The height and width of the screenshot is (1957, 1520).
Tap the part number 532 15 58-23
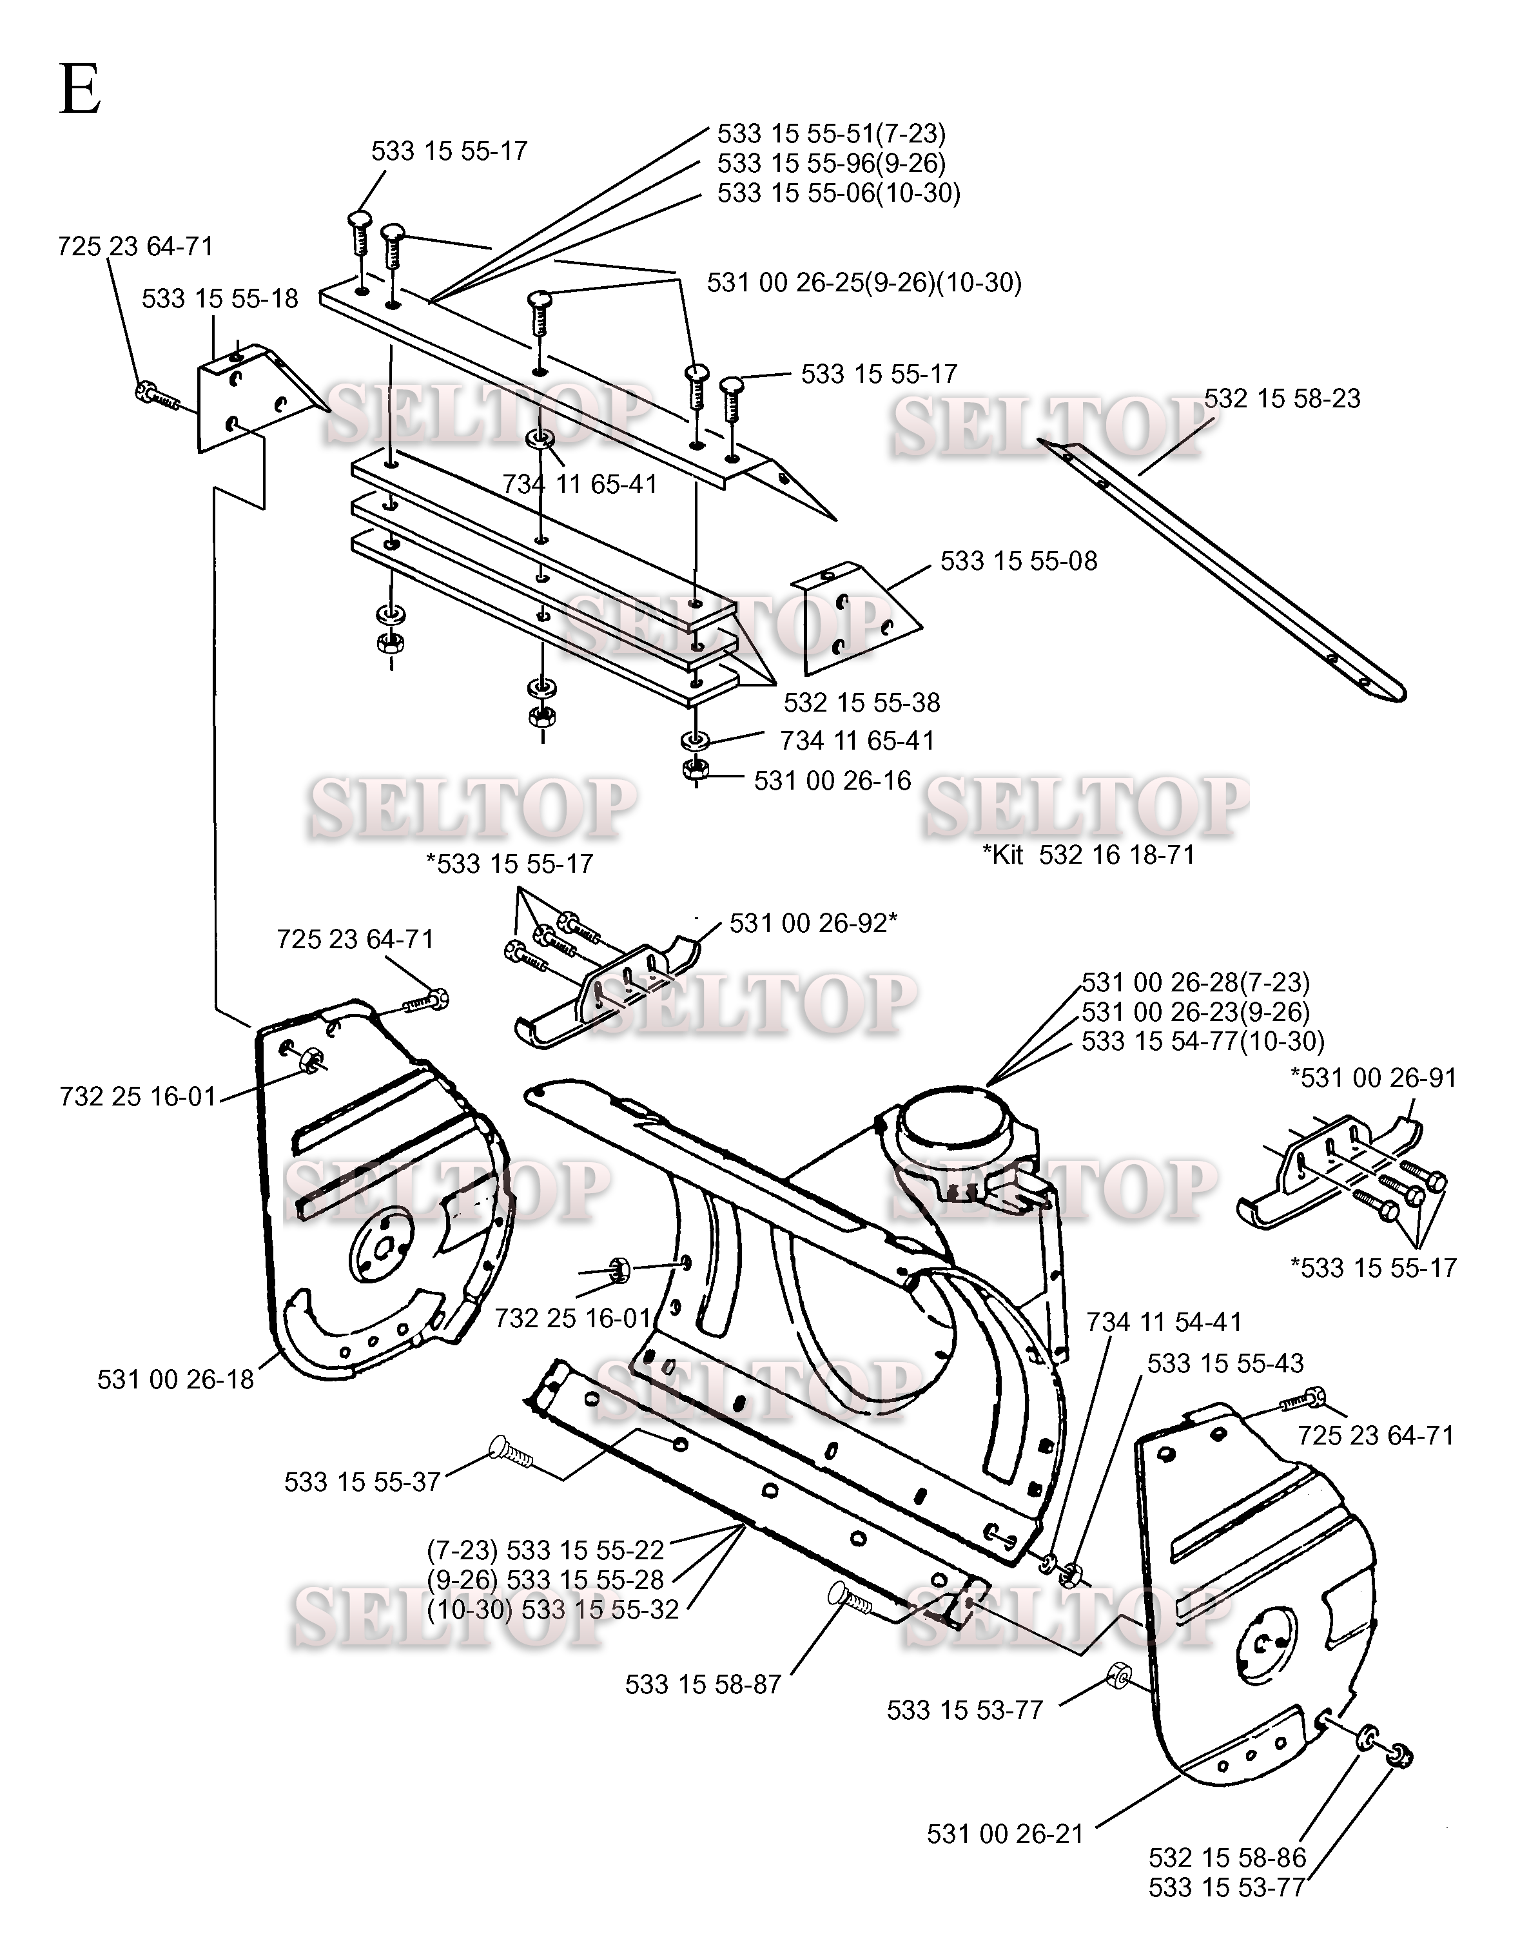pos(1281,399)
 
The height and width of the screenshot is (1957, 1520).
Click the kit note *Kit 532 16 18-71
pos(1089,855)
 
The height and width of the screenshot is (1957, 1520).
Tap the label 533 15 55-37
pos(362,1482)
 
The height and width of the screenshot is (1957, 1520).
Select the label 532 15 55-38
pos(861,703)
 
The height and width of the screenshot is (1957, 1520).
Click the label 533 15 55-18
pos(220,298)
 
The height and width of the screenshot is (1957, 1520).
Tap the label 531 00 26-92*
pos(813,923)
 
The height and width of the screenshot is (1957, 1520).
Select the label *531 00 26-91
pos(1373,1077)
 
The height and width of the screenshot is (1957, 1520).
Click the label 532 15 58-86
pos(1227,1858)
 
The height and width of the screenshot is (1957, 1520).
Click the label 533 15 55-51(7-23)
pos(831,133)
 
